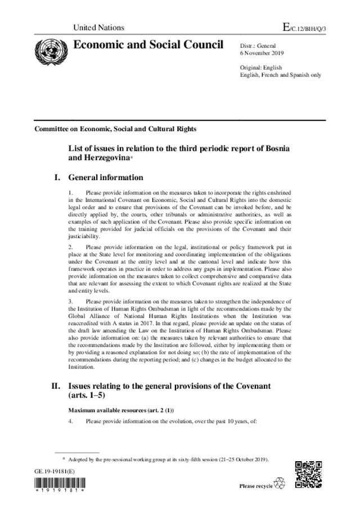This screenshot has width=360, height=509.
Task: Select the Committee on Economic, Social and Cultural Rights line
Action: (x=115, y=129)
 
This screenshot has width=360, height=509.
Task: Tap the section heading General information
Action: (x=106, y=178)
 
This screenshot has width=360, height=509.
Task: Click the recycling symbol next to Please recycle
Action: (x=280, y=484)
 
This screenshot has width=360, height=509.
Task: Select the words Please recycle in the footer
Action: (x=256, y=485)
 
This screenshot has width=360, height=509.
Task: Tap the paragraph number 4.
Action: (x=70, y=422)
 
